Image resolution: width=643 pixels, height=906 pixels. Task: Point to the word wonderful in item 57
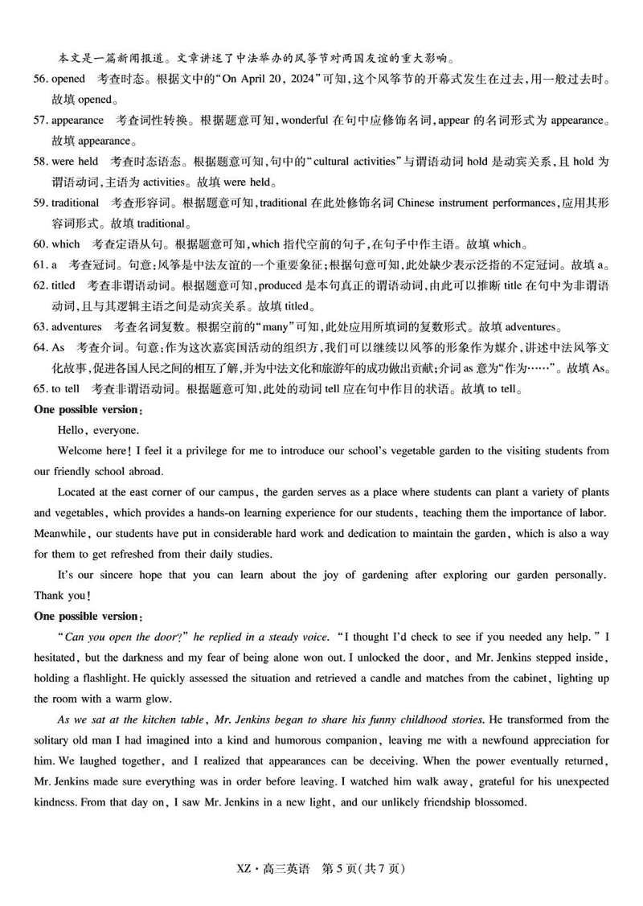[x=305, y=121]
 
